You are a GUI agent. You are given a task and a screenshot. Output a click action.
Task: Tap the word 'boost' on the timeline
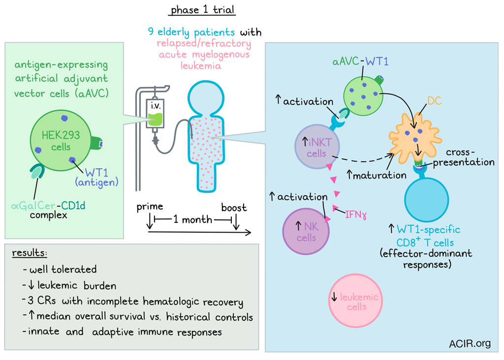(234, 207)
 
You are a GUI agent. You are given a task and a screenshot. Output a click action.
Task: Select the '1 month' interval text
(192, 219)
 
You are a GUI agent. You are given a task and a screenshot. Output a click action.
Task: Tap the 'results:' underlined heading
(31, 254)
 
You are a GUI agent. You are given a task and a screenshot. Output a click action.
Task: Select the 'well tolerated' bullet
(60, 270)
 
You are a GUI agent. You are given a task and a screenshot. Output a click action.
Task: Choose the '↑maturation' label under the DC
(377, 174)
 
